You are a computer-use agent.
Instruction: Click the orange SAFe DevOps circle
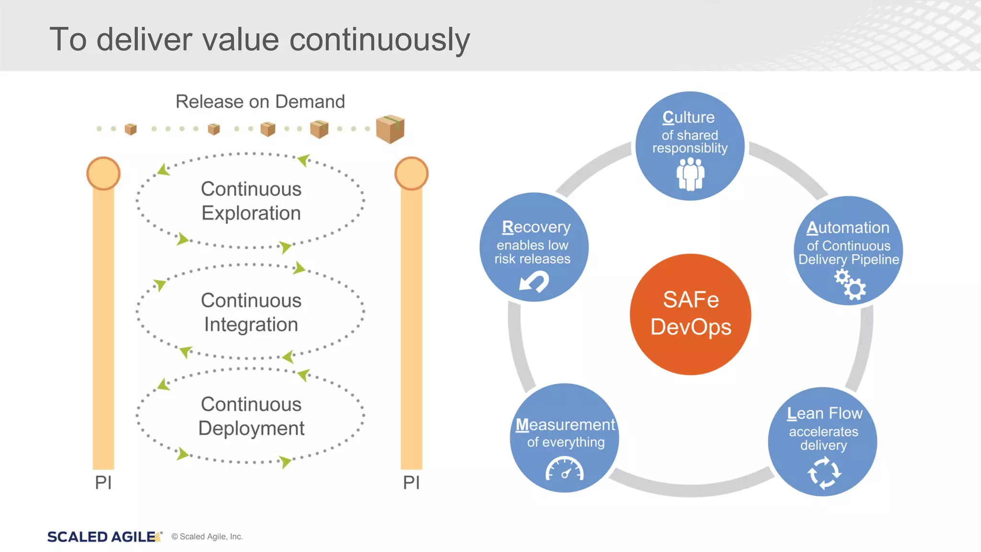[x=690, y=314]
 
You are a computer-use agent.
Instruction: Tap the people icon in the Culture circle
[x=690, y=174]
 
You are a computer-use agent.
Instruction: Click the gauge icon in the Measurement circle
[x=565, y=469]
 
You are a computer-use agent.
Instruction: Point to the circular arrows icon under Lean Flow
[x=824, y=473]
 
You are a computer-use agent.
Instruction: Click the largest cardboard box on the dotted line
[x=390, y=129]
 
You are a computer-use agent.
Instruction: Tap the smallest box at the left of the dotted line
[x=130, y=129]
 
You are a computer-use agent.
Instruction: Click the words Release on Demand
[x=260, y=102]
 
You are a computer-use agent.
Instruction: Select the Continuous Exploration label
[x=251, y=201]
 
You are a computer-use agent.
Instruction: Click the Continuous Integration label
[x=251, y=312]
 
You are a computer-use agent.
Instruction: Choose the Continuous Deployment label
[x=251, y=416]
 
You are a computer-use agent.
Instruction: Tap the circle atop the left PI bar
[x=103, y=173]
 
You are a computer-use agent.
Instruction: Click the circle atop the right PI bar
[x=411, y=173]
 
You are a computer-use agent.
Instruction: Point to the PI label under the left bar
[x=103, y=483]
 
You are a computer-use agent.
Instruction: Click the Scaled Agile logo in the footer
[x=103, y=537]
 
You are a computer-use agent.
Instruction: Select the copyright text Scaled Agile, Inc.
[x=207, y=537]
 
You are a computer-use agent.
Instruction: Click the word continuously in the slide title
[x=379, y=39]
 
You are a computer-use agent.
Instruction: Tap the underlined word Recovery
[x=536, y=227]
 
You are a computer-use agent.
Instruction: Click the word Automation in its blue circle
[x=848, y=228]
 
